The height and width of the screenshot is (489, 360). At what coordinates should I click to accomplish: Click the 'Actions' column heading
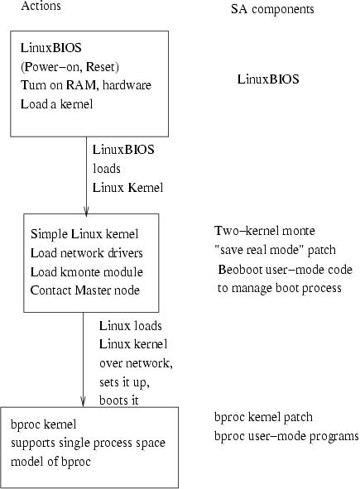click(41, 6)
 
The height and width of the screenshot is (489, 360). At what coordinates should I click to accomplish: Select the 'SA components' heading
click(272, 9)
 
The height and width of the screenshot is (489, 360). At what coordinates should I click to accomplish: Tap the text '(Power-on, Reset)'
click(70, 67)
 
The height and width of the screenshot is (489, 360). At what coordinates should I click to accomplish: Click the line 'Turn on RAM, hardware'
click(86, 85)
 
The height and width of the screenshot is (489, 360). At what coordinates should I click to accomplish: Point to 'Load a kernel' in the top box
click(57, 104)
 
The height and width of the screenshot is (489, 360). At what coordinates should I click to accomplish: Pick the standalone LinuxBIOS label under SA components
click(268, 79)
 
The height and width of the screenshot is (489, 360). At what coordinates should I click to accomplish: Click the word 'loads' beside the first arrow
click(107, 169)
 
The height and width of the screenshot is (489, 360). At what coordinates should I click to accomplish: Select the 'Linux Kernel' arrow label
click(128, 188)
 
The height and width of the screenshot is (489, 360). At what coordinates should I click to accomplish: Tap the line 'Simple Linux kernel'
click(84, 234)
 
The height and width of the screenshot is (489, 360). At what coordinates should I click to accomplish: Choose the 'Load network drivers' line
click(86, 253)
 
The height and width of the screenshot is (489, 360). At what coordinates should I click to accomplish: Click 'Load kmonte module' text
click(87, 271)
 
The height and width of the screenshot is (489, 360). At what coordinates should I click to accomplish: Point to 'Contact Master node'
click(85, 290)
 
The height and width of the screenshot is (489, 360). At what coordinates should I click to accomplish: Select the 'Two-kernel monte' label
click(265, 231)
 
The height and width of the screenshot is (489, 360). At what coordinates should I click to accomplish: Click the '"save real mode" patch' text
click(275, 250)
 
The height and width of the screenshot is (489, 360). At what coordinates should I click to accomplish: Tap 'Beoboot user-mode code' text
click(286, 269)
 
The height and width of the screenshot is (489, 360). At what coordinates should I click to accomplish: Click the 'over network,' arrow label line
click(136, 363)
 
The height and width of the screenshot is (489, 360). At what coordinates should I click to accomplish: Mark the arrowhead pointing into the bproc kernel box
click(83, 401)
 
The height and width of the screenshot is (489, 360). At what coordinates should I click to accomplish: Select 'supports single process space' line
click(88, 443)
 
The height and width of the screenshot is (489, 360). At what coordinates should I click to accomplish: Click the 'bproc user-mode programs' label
click(286, 436)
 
